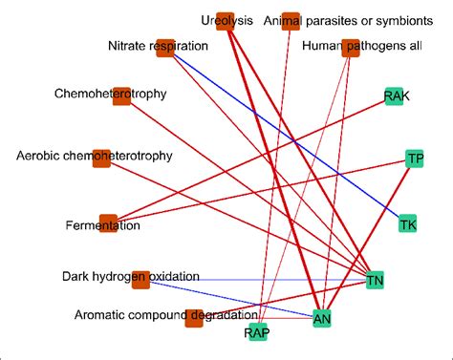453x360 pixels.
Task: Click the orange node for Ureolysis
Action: [x=225, y=21]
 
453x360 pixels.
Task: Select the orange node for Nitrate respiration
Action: [x=164, y=47]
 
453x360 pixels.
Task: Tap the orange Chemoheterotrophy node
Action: [x=121, y=95]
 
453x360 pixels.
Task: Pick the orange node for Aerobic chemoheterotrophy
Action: [x=101, y=158]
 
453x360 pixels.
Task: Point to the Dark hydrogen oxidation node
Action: [x=141, y=278]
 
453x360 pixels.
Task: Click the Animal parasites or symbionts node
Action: [x=291, y=21]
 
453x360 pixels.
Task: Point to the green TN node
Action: [x=375, y=279]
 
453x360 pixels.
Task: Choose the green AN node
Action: [x=323, y=318]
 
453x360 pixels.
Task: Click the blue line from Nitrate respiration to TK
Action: [x=287, y=137]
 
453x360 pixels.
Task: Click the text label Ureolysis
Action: [x=227, y=21]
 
